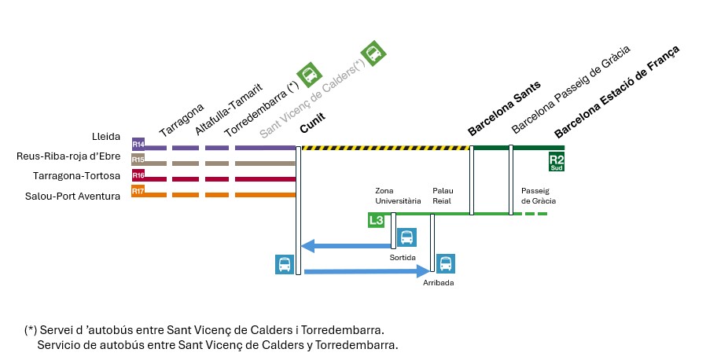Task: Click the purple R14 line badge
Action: (x=138, y=144)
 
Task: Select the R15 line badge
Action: (x=138, y=160)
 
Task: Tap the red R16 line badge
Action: (x=138, y=174)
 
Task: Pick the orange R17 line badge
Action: (x=138, y=190)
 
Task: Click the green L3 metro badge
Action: (x=377, y=220)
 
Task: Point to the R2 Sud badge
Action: (x=557, y=161)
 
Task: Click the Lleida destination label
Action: (x=106, y=137)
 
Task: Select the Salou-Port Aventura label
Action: (x=73, y=196)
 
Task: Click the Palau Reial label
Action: (x=443, y=196)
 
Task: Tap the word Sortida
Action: (x=403, y=258)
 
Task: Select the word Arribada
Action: (x=439, y=282)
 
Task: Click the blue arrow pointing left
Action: (x=347, y=247)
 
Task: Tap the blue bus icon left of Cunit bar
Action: (x=284, y=264)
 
